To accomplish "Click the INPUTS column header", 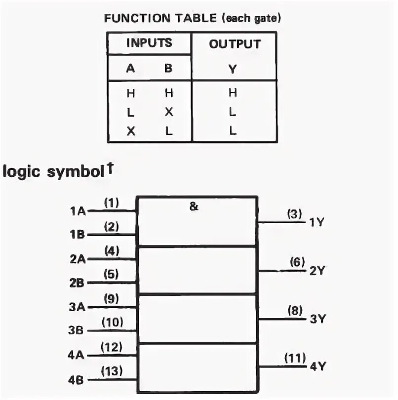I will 149,42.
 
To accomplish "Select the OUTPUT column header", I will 235,44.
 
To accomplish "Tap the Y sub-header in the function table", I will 233,69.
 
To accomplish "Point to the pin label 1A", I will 78,211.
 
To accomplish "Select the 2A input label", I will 78,259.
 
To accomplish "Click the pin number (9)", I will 112,298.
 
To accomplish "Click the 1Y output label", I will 316,222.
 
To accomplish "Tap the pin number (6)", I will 297,263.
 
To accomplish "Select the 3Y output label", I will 316,319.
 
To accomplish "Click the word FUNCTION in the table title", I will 129,18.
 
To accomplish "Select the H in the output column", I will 233,92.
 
